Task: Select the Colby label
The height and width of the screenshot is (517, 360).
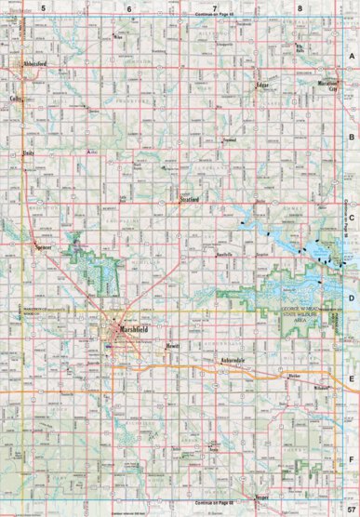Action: tap(17, 97)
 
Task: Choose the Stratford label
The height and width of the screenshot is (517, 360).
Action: tap(193, 198)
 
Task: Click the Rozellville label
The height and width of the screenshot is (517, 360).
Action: tap(222, 254)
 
